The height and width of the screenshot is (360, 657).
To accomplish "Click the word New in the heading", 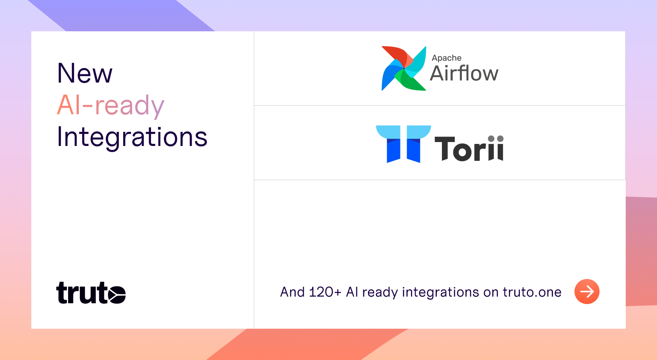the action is pos(84,73).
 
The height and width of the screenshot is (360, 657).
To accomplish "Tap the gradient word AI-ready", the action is pos(111,106).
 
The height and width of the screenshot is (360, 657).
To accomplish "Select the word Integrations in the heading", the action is pos(132,138).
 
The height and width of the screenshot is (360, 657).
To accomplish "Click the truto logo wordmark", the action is pos(91,293).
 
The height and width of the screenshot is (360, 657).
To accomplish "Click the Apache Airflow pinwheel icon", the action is pos(404,68).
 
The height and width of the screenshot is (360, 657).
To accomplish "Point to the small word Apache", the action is pos(447,58).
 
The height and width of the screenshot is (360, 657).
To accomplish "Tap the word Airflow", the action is pos(464,73).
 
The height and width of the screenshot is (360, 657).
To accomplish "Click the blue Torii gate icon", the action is pos(403,144).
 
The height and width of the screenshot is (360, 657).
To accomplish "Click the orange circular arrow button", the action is pos(587,292).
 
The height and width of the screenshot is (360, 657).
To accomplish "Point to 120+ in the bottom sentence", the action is pos(325,292).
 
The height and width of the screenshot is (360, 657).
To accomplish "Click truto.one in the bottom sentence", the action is pos(532,292).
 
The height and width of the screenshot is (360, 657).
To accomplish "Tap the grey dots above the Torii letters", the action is pos(496,139).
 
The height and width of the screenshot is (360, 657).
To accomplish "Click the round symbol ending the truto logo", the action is pos(117,294).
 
